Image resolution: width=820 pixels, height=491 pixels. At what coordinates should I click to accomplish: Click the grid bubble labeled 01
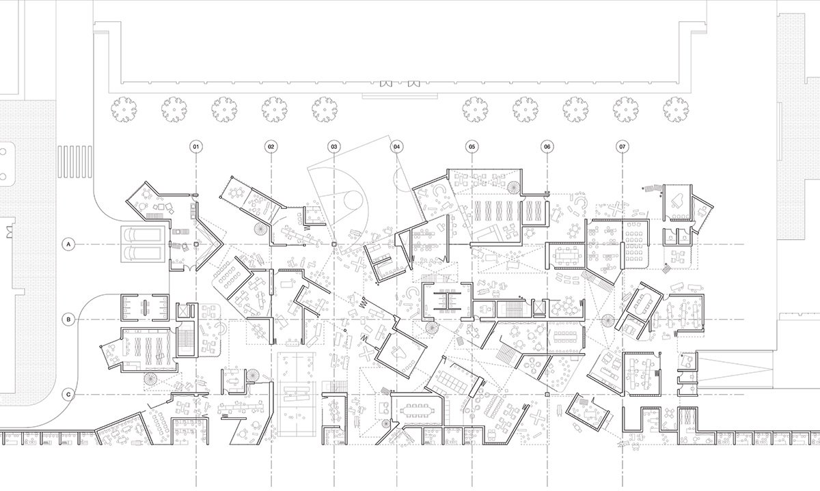click(196, 147)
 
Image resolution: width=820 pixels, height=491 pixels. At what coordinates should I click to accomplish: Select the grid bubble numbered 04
click(396, 147)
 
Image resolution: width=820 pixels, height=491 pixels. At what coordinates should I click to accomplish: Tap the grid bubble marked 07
click(623, 147)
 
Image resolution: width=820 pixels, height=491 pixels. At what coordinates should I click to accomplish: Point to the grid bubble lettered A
click(68, 244)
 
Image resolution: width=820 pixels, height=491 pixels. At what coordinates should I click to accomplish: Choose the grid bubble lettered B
click(68, 320)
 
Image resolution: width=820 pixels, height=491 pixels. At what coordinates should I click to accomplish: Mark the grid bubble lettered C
click(68, 395)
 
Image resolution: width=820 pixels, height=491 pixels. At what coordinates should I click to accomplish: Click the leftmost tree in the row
click(124, 109)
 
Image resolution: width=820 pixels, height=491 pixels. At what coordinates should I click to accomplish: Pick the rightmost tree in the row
click(676, 109)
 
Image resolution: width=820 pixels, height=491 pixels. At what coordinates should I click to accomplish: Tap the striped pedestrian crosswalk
click(74, 162)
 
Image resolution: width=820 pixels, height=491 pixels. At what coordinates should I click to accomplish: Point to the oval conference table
click(644, 303)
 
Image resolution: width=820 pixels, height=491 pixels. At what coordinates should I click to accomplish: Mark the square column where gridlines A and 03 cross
click(334, 244)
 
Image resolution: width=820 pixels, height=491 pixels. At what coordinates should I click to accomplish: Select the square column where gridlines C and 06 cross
click(547, 395)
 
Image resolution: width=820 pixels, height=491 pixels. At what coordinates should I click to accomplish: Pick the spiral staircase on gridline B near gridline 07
click(608, 321)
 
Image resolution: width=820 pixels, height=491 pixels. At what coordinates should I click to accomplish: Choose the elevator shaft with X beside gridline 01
click(182, 311)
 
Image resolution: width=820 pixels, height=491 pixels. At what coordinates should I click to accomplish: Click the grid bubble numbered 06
click(547, 147)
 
